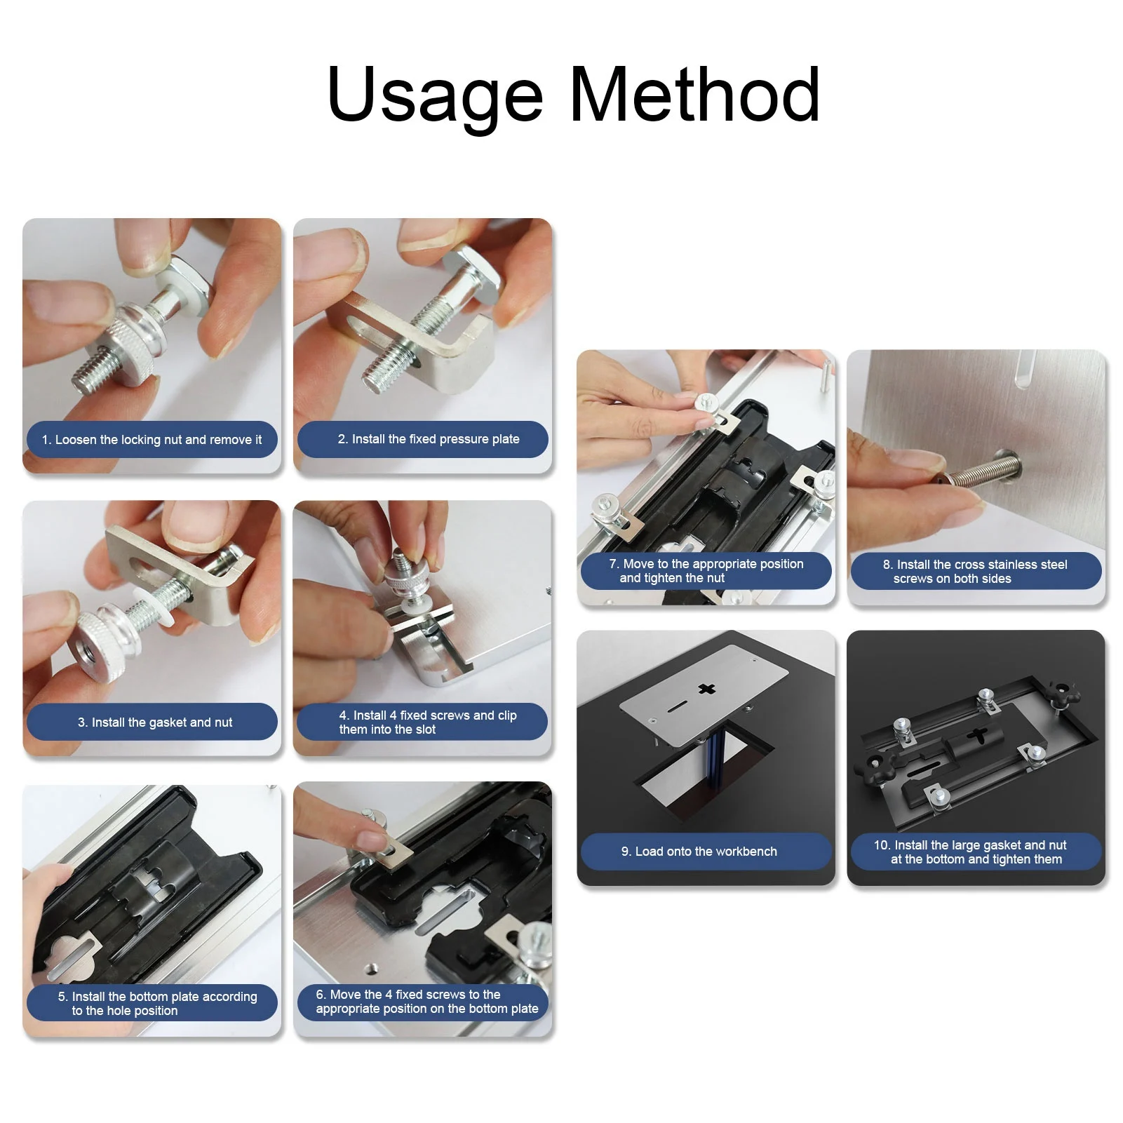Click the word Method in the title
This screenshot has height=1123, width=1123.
(x=694, y=94)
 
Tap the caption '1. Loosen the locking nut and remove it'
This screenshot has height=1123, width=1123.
(x=152, y=440)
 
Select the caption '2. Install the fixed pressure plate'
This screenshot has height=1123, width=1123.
(x=429, y=439)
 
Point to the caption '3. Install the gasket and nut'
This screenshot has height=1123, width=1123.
(x=155, y=722)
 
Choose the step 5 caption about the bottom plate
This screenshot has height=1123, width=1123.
(x=157, y=1004)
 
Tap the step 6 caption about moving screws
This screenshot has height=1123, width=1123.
(x=427, y=1002)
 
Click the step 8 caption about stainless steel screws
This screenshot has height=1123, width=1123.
(x=975, y=572)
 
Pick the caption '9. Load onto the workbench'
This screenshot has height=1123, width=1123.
(x=699, y=852)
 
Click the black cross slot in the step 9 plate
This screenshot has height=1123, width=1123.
(x=706, y=689)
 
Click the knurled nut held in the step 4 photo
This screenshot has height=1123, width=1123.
(x=402, y=579)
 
